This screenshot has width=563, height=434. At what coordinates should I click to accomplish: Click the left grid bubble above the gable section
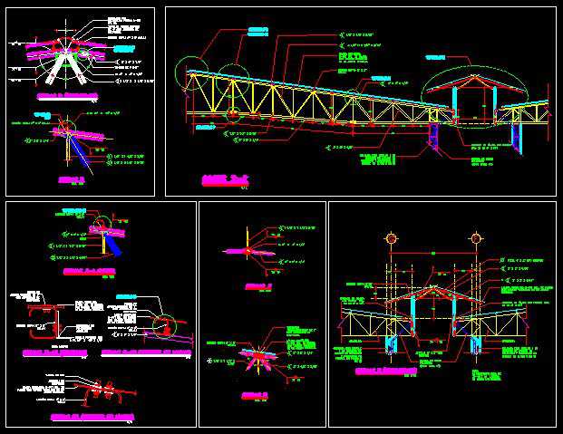[x=391, y=239]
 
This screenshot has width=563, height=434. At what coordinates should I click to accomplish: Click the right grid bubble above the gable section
[x=473, y=239]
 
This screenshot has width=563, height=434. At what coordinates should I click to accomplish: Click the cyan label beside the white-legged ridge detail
[x=124, y=48]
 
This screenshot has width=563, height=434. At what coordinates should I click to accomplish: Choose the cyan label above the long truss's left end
[x=258, y=33]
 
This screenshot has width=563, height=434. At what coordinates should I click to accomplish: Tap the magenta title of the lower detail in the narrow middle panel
[x=254, y=395]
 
